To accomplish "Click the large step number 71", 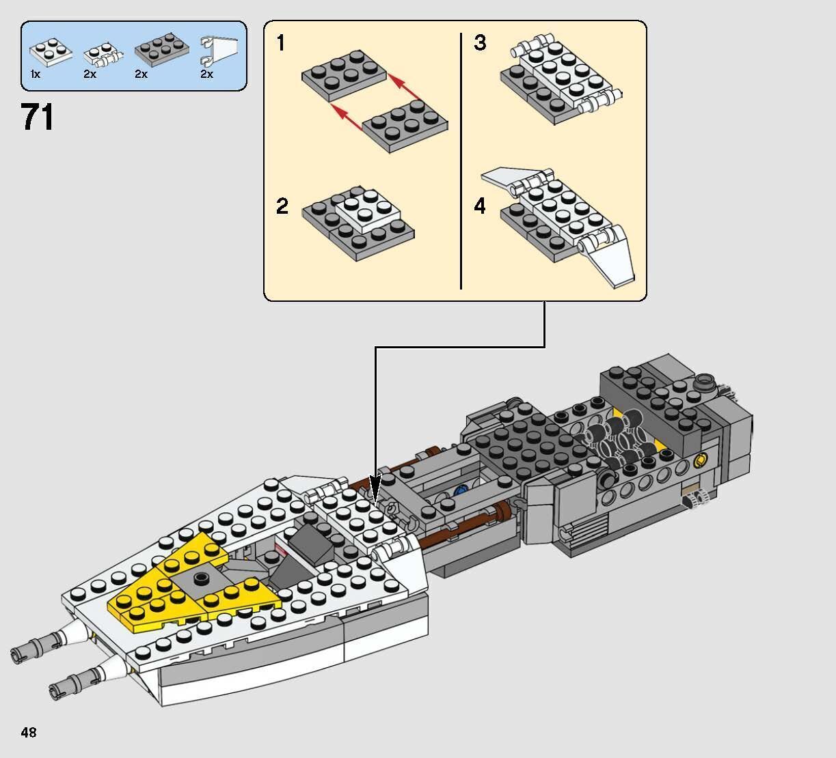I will (38, 117).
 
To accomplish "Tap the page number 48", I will (29, 733).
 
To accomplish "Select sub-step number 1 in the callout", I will (281, 44).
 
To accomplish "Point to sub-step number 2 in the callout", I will (282, 206).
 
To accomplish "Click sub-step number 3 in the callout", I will (480, 44).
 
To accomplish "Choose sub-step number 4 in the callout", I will (480, 206).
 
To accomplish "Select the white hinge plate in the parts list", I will (101, 55).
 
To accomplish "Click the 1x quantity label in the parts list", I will (36, 74).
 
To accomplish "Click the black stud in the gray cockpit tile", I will (200, 579).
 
